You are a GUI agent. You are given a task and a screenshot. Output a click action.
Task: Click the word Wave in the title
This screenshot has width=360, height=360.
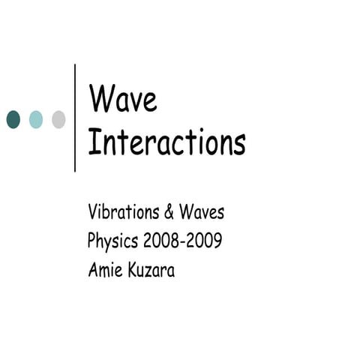point(123,99)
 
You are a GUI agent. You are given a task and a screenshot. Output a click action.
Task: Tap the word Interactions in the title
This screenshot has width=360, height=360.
point(166,142)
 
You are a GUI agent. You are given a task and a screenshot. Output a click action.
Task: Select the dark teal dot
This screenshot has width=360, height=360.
point(13,118)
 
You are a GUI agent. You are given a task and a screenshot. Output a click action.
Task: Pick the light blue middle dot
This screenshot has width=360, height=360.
point(36,118)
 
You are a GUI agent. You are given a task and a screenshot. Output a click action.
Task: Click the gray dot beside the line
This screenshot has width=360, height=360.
point(58,118)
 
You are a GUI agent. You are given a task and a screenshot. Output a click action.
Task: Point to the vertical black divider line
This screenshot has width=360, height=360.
point(76,118)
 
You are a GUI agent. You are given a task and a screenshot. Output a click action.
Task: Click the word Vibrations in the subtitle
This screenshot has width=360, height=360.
point(123,212)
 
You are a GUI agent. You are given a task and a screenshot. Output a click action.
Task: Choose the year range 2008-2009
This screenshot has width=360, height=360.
point(184,241)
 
